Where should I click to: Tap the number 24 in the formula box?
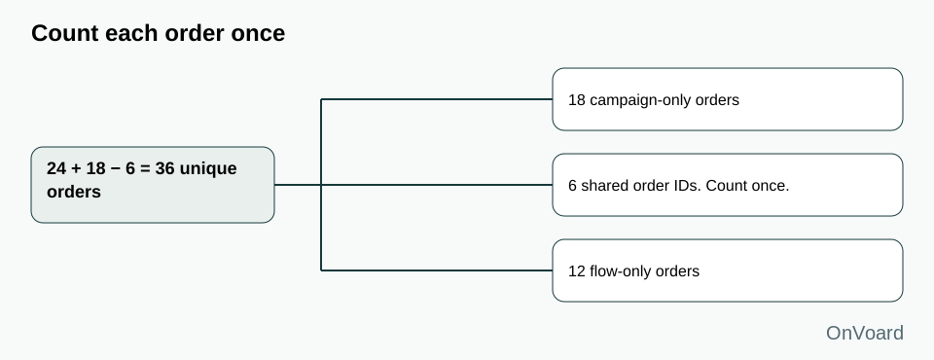pos(56,168)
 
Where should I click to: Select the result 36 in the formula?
pos(165,168)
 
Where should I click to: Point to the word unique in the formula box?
pos(208,169)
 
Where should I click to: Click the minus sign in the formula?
pos(115,169)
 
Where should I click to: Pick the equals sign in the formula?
pos(145,169)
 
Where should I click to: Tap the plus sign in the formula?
pos(76,169)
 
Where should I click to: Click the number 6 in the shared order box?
pos(572,186)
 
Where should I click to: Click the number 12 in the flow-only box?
pos(577,271)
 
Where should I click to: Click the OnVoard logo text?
pos(864,333)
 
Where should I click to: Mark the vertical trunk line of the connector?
pos(321,185)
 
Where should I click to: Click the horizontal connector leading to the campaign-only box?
pos(437,99)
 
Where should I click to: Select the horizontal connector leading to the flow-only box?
pos(437,270)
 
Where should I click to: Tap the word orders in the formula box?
pos(74,193)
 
